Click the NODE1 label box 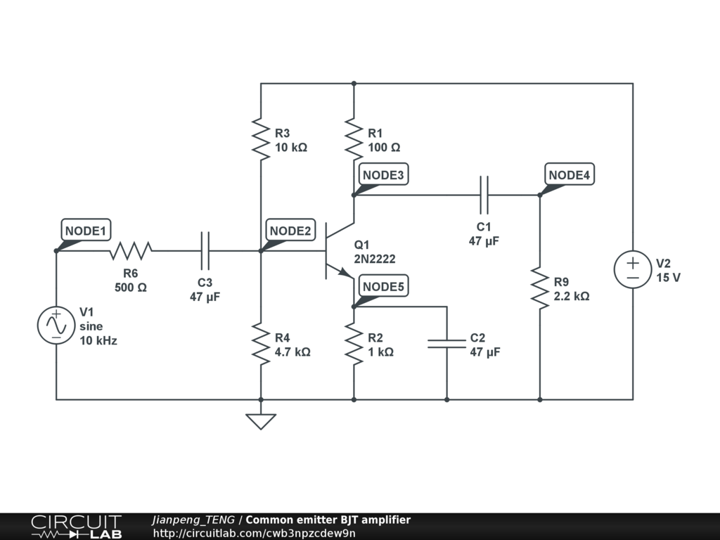[x=86, y=230]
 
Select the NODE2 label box [x=290, y=230]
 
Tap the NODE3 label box [x=383, y=174]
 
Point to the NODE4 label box [x=570, y=174]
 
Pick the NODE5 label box [x=383, y=286]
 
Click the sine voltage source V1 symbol [x=56, y=325]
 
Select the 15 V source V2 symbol [x=633, y=269]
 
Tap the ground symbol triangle [x=261, y=421]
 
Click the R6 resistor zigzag [x=130, y=251]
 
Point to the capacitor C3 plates [x=205, y=251]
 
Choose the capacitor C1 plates [x=484, y=195]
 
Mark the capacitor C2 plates [x=446, y=343]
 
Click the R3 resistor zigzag [x=261, y=139]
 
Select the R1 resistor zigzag [x=354, y=139]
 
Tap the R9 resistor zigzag [x=540, y=288]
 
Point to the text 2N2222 [x=375, y=259]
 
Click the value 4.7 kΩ [x=292, y=352]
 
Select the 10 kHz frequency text [x=98, y=341]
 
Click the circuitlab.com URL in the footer [x=254, y=533]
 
